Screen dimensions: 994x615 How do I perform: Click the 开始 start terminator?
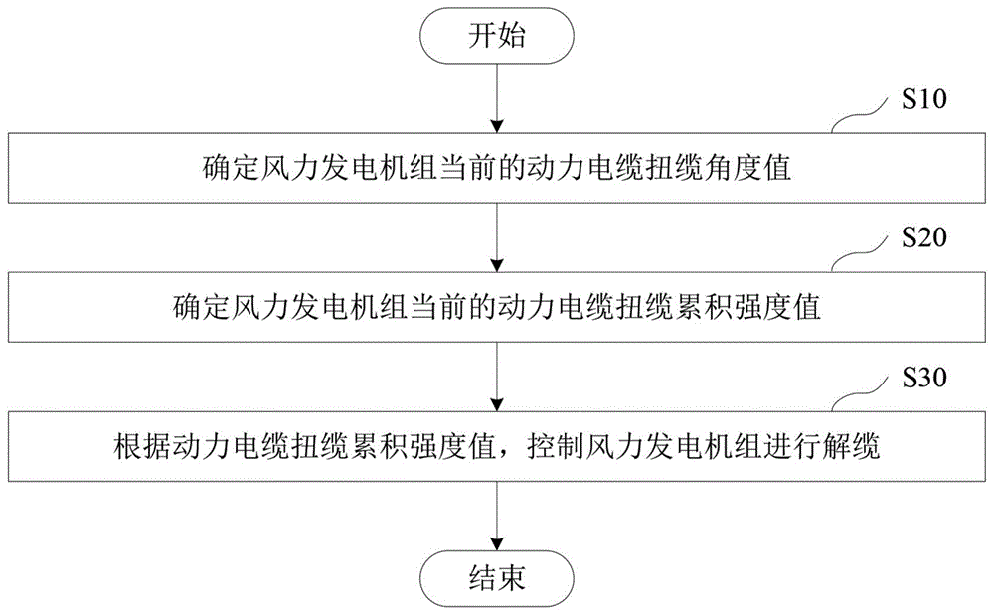click(x=497, y=35)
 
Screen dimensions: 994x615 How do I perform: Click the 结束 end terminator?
click(x=497, y=578)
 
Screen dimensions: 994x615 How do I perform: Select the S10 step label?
click(x=924, y=99)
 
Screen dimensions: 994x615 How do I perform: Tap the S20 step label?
click(x=924, y=238)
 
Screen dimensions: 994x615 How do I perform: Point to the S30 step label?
click(x=924, y=378)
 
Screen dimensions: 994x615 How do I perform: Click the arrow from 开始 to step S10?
click(x=497, y=97)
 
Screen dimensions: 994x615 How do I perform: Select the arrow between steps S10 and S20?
click(x=497, y=237)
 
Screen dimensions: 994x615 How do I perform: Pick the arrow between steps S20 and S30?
click(x=497, y=377)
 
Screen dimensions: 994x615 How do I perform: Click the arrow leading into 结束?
click(x=497, y=517)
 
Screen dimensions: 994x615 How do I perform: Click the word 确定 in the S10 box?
click(x=232, y=169)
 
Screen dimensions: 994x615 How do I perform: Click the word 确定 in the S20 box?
click(x=202, y=307)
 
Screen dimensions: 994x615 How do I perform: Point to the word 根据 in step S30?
click(x=142, y=446)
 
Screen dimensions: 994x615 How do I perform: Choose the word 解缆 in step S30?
click(x=852, y=446)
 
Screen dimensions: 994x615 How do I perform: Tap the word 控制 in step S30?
click(x=556, y=446)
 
